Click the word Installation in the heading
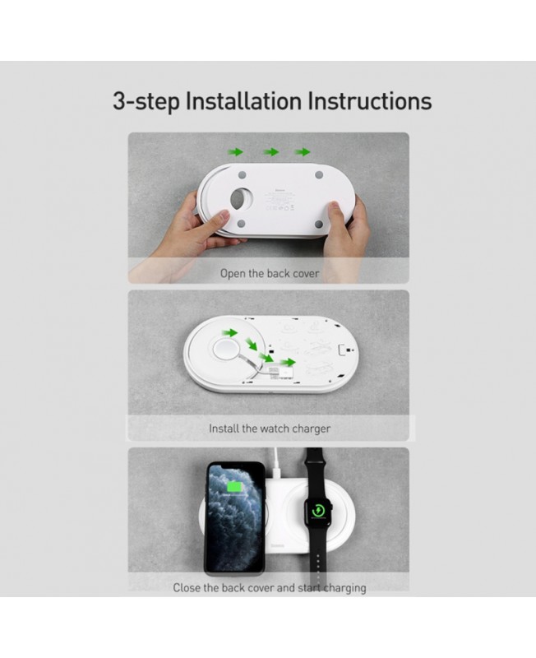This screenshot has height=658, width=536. tap(243, 101)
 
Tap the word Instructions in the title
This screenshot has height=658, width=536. tap(369, 101)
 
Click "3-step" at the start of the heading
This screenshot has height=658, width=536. tap(146, 102)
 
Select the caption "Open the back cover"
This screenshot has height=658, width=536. tap(270, 274)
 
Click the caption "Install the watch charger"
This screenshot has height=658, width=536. tap(270, 429)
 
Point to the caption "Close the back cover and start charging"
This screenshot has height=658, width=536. tap(270, 587)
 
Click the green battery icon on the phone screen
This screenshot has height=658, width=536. tap(235, 487)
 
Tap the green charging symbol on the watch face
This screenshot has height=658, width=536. tap(318, 511)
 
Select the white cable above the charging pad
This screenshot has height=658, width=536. tap(276, 463)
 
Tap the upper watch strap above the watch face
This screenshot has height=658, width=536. tap(316, 470)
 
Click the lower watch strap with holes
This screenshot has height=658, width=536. tap(318, 554)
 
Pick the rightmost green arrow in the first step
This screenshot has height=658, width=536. tap(302, 152)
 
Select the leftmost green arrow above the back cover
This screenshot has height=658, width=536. tap(235, 152)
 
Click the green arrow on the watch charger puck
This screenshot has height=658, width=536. tap(229, 333)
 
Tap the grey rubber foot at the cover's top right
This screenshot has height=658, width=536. tap(319, 174)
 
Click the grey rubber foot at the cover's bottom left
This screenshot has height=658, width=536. tap(241, 224)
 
